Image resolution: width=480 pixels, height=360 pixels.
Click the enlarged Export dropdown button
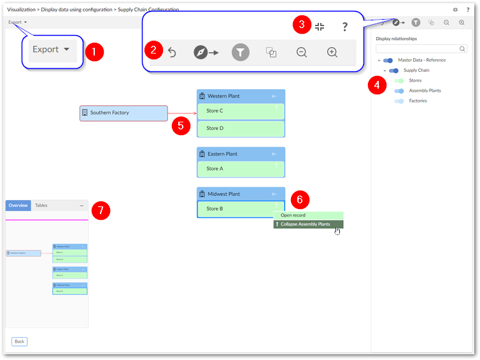tap(51, 50)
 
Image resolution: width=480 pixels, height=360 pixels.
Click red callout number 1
tap(94, 52)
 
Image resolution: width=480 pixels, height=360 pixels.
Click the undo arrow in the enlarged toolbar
tap(171, 53)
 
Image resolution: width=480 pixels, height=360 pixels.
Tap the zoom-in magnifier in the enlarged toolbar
tap(332, 53)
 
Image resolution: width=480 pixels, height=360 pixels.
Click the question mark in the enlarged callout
tap(344, 27)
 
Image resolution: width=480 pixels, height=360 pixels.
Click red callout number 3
tap(302, 25)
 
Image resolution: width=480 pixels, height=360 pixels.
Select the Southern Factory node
tap(124, 113)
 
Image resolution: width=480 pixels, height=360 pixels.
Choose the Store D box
tap(241, 128)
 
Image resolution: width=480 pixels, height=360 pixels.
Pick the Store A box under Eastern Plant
tap(241, 169)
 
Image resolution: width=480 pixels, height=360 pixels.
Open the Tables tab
tap(41, 206)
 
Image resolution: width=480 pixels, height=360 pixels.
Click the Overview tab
tap(18, 206)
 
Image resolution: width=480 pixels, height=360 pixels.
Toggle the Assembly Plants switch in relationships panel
tap(399, 91)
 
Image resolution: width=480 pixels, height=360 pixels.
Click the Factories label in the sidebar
tap(418, 101)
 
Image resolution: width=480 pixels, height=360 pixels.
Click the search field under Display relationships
tap(418, 48)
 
